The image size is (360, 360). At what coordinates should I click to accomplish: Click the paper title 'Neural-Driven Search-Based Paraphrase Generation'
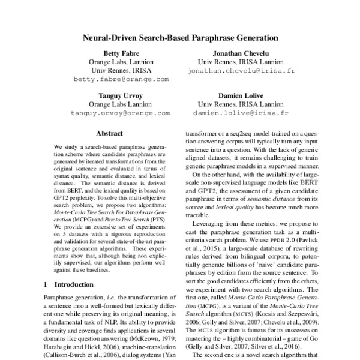pos(180,36)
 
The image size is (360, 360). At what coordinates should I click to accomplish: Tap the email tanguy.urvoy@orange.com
pos(121,113)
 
